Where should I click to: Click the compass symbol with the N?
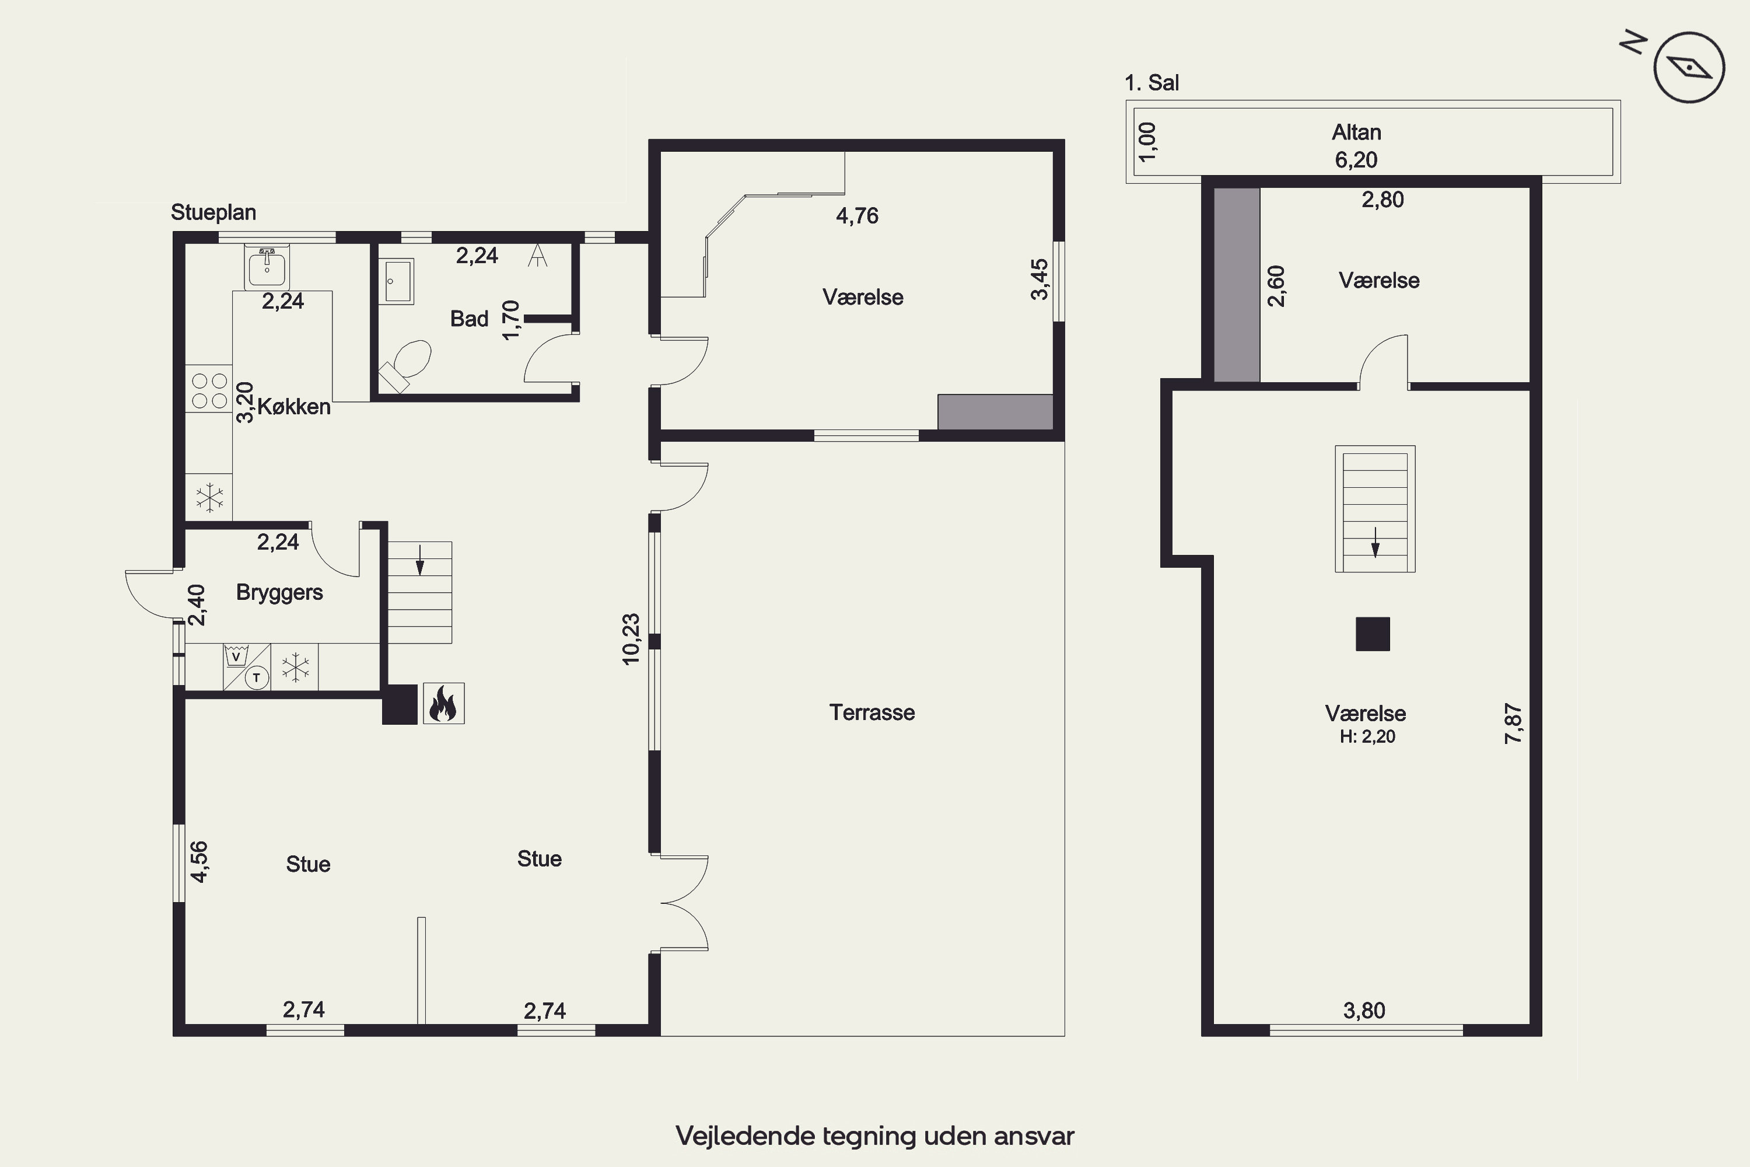(1689, 67)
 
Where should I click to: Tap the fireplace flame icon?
(443, 703)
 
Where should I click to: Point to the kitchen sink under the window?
(267, 267)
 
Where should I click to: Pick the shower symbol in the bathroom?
(537, 256)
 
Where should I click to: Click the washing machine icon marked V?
(237, 656)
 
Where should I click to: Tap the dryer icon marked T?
(257, 678)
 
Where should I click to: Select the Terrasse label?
(872, 712)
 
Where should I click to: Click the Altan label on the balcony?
(1356, 132)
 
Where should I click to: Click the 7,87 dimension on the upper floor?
(1513, 724)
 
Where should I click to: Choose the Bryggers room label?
(280, 592)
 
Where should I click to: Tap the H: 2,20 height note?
(1367, 737)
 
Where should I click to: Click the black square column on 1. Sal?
(1373, 634)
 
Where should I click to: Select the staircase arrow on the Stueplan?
(419, 560)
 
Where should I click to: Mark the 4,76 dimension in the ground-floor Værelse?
(857, 216)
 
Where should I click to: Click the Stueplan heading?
(213, 212)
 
